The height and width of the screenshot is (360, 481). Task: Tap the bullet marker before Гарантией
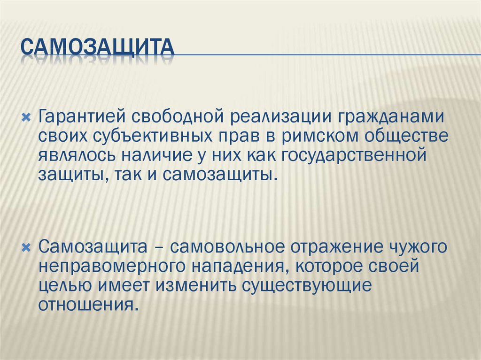click(26, 117)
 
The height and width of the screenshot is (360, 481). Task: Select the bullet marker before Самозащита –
click(26, 247)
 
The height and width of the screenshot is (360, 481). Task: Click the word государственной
click(353, 155)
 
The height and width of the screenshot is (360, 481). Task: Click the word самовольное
click(227, 247)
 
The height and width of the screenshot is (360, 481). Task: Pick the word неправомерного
click(112, 267)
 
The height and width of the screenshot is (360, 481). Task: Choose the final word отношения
click(87, 305)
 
